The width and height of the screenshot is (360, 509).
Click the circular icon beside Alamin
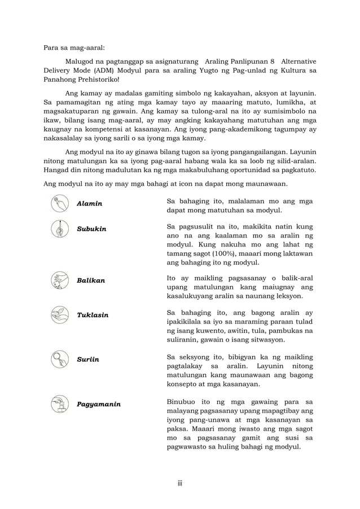click(x=59, y=203)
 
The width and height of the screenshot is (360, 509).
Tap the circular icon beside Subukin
click(x=59, y=229)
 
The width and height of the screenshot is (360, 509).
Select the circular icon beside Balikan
click(x=59, y=280)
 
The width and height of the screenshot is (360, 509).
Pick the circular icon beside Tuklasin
click(x=59, y=314)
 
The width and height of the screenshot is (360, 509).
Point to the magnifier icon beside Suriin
click(x=59, y=358)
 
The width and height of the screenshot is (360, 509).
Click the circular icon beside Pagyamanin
click(x=59, y=404)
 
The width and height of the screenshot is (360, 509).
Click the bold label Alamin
click(x=90, y=203)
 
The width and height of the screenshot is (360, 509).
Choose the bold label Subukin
click(x=91, y=230)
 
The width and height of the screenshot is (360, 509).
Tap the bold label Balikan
click(x=91, y=280)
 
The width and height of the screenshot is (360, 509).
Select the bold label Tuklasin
click(x=93, y=315)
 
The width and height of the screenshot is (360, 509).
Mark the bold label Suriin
click(x=88, y=359)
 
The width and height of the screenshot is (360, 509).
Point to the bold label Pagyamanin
click(x=99, y=405)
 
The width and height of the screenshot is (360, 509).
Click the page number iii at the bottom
click(x=180, y=483)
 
